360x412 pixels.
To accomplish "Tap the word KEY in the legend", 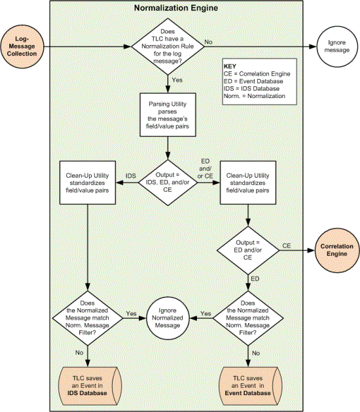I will [x=230, y=67].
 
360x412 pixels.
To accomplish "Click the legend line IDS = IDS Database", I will [x=251, y=88].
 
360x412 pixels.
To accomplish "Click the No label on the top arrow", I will [x=208, y=42].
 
